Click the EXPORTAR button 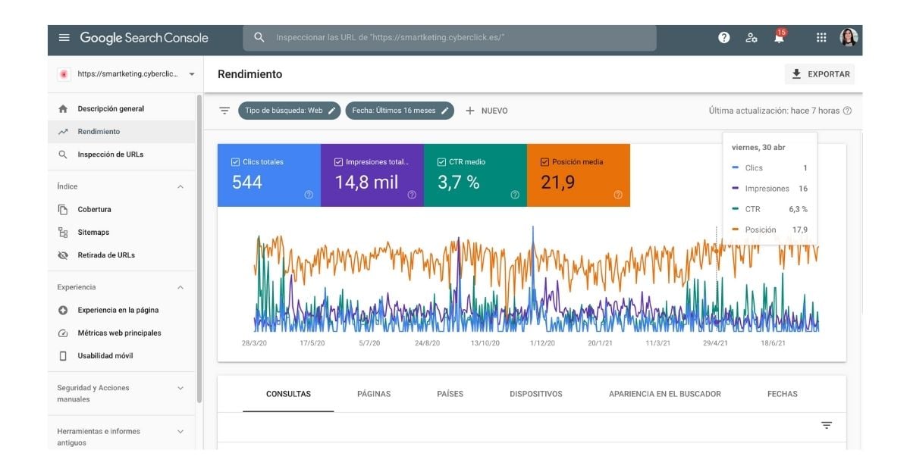(x=820, y=74)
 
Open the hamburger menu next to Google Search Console (x=64, y=38)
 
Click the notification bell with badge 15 (x=779, y=38)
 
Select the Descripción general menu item (x=111, y=109)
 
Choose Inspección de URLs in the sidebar (x=110, y=155)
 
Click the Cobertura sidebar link (x=94, y=210)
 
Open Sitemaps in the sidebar (x=93, y=233)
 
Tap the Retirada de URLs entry (x=106, y=255)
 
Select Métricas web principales (x=119, y=333)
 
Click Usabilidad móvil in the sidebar (x=105, y=356)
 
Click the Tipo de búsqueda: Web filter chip (x=289, y=111)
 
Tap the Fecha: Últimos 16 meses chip (x=400, y=111)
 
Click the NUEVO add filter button (x=486, y=111)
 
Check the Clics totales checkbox (x=235, y=162)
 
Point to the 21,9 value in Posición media (x=557, y=183)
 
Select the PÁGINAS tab (x=374, y=394)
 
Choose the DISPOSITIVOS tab (x=535, y=394)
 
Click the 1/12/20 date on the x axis (x=541, y=343)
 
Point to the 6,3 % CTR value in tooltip (x=798, y=209)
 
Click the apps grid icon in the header (x=821, y=38)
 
